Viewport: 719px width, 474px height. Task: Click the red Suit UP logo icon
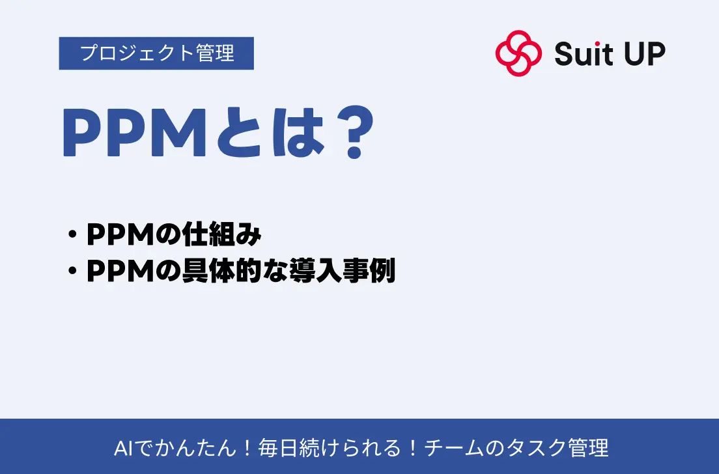pyautogui.click(x=518, y=53)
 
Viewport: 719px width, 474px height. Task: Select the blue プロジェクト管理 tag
pyautogui.click(x=156, y=53)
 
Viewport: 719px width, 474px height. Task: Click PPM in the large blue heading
pyautogui.click(x=134, y=133)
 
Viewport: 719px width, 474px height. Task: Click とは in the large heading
pyautogui.click(x=270, y=133)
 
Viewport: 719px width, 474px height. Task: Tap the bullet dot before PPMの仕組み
pyautogui.click(x=72, y=234)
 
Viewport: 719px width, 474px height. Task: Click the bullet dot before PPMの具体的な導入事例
pyautogui.click(x=72, y=271)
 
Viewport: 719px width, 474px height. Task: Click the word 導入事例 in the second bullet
pyautogui.click(x=342, y=270)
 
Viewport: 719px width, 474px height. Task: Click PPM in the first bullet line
pyautogui.click(x=120, y=234)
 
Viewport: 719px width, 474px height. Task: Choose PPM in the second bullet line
pyautogui.click(x=120, y=271)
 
